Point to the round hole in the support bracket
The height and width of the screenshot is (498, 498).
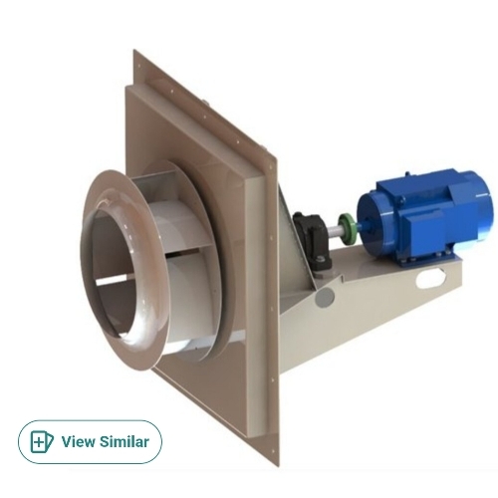324,298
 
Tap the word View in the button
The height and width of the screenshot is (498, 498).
79,441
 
